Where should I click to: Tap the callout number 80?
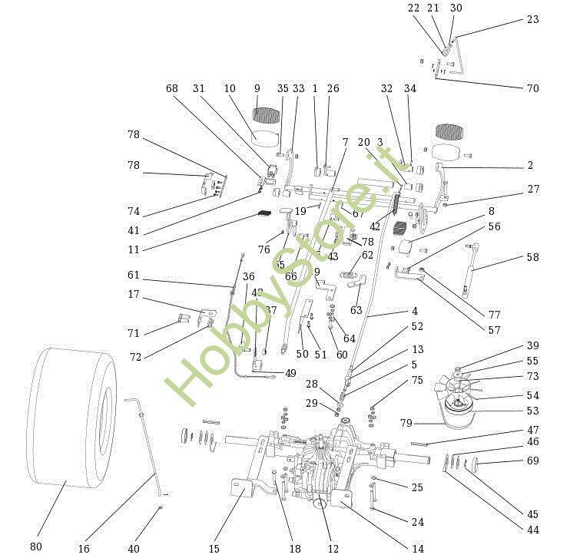pos(36,546)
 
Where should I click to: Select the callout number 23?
pos(532,20)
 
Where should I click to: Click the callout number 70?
pos(532,88)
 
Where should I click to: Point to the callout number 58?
pos(532,258)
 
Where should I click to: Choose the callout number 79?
pos(407,423)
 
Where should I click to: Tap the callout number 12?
pos(333,549)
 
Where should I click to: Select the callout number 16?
pos(84,549)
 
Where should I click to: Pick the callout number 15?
pos(214,549)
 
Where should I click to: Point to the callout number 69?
pos(532,461)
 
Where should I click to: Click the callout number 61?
pos(134,275)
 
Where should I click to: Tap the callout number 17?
pos(134,294)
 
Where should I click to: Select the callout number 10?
pos(230,88)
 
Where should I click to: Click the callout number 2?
pos(530,165)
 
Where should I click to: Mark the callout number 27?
pos(532,189)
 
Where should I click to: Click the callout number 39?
pos(532,345)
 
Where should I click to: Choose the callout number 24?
pos(417,522)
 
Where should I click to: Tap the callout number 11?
pos(134,249)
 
